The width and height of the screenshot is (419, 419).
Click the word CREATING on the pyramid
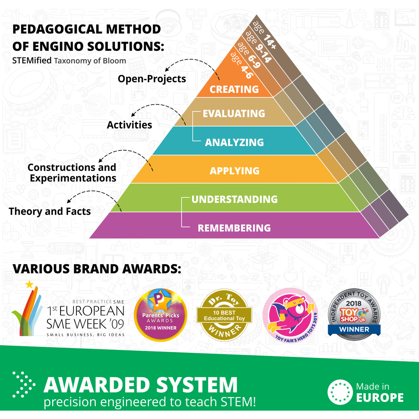pos(234,89)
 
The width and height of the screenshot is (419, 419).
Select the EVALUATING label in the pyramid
pos(234,114)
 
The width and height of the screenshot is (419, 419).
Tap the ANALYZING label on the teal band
pos(234,142)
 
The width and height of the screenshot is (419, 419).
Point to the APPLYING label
pos(234,171)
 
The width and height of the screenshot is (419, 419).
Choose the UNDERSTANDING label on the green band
pos(235,199)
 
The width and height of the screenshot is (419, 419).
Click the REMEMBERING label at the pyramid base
pos(234,228)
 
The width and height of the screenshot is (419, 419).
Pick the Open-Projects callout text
pos(152,79)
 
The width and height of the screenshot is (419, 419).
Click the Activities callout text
pos(129,125)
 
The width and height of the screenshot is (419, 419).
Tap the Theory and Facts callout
pos(50,211)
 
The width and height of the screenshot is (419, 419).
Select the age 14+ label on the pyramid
pos(264,35)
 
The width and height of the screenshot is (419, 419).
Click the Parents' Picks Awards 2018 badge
pos(161,315)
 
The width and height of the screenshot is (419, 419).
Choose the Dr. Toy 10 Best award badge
pos(224,315)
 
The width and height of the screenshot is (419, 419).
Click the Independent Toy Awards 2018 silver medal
pos(354,314)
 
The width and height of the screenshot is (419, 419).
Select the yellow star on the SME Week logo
pos(29,284)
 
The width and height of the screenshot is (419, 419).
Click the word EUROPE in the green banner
pos(380,398)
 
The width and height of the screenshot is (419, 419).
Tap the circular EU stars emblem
pos(340,392)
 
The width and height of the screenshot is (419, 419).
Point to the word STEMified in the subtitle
pos(32,61)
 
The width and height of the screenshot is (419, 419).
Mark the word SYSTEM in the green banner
pos(197,385)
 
